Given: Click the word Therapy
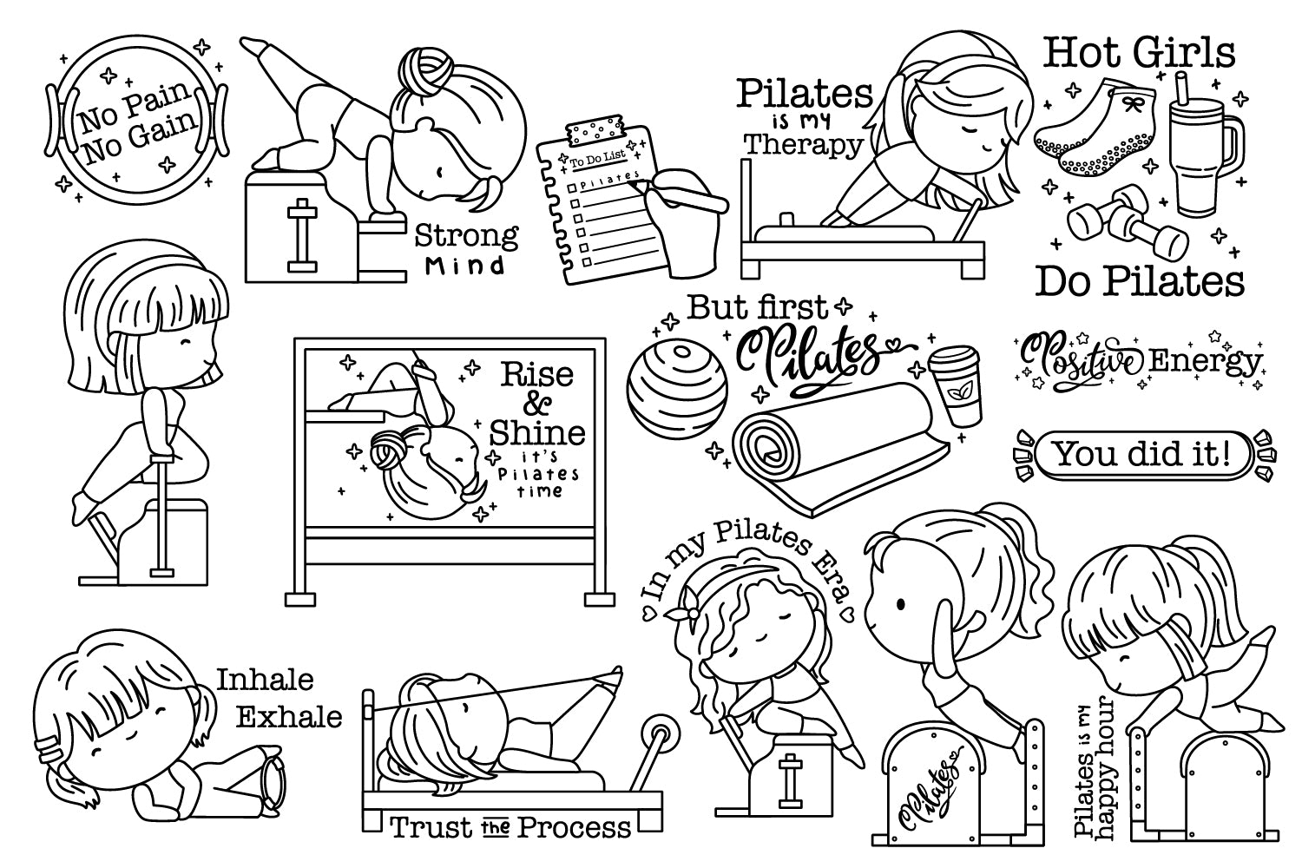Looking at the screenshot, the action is [x=804, y=145].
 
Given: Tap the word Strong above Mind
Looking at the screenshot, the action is [x=466, y=236].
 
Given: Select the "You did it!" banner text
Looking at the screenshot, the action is [x=1143, y=454].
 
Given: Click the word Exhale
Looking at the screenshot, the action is [x=289, y=718].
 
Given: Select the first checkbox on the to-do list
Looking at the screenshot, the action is [x=571, y=187].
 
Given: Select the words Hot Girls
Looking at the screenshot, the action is [x=1139, y=52].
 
